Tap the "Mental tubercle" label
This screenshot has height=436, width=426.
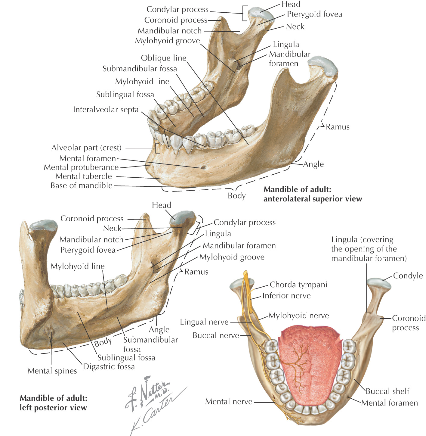(84, 176)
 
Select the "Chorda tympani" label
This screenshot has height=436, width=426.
(298, 285)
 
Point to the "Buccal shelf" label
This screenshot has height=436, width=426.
(387, 391)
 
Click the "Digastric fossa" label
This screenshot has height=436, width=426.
(109, 366)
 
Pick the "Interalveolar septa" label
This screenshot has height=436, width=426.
(106, 109)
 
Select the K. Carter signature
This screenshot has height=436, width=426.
(156, 413)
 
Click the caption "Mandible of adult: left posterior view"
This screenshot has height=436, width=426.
(53, 403)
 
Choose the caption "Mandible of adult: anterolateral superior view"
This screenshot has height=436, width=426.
(313, 194)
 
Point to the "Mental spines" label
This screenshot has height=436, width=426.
(52, 371)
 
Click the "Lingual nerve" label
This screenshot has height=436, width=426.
(204, 322)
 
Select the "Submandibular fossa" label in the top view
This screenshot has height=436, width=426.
(140, 69)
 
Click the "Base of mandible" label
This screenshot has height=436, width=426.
(81, 185)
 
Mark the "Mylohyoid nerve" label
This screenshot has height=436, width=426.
(298, 316)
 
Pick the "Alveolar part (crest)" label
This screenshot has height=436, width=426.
(86, 148)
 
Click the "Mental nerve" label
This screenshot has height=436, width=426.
(229, 401)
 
